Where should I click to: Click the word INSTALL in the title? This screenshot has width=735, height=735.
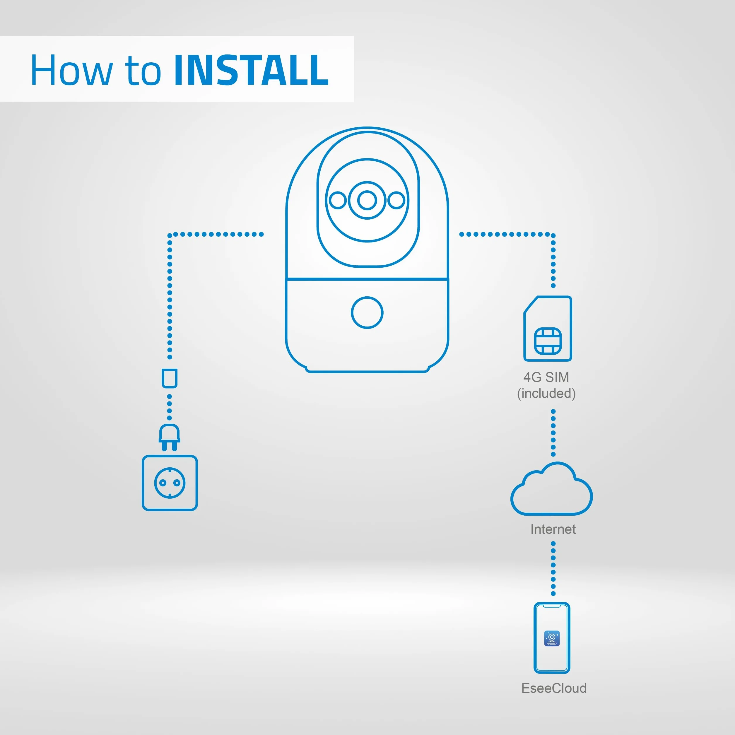[251, 70]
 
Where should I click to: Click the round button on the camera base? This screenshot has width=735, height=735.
[367, 313]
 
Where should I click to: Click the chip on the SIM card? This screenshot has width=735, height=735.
[548, 341]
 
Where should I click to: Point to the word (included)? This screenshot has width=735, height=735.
[546, 393]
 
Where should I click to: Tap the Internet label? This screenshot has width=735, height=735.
[553, 529]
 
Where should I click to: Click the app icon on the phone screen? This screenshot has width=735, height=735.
[552, 638]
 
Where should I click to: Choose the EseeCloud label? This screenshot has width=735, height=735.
[554, 688]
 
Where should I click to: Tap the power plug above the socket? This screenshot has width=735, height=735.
[169, 437]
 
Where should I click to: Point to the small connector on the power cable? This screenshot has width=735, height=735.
[169, 378]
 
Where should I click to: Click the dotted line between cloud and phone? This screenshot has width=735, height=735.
[553, 569]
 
